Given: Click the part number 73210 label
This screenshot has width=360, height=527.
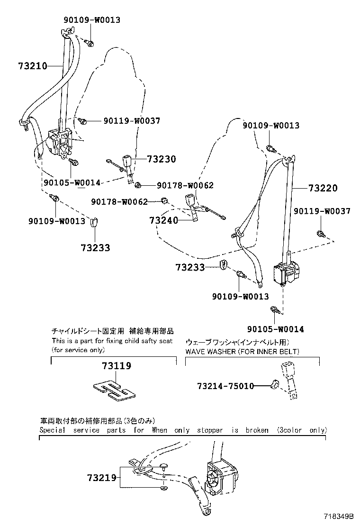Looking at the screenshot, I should [26, 66].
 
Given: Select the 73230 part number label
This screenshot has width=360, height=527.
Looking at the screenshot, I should [161, 159].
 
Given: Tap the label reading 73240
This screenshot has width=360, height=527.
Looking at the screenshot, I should [164, 220].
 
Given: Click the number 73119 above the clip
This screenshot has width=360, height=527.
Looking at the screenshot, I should [116, 366].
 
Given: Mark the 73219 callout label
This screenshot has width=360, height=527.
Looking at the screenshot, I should [101, 478].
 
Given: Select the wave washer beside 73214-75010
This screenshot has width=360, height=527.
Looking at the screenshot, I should [274, 386].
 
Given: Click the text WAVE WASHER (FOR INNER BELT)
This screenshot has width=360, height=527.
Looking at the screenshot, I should [242, 352].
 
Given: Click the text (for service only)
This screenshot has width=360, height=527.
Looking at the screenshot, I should [78, 350].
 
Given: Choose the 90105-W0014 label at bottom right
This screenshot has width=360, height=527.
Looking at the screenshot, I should [276, 329].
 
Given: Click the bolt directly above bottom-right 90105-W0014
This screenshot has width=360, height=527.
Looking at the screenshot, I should [274, 310].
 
